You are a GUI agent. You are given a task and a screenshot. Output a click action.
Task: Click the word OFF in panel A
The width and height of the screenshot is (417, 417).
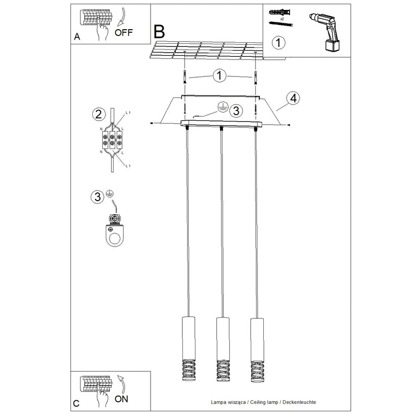(x=124, y=32)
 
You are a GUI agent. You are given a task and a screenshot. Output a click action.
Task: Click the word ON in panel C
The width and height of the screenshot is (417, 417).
(x=121, y=399)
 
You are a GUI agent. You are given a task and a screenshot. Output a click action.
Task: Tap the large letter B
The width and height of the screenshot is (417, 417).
(x=160, y=32)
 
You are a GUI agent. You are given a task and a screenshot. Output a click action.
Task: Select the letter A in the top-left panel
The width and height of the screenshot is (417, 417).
(x=77, y=36)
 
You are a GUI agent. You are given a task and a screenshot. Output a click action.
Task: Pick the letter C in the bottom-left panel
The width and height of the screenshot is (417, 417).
(x=76, y=403)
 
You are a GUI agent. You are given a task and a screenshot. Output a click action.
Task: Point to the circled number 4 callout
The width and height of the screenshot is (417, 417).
(x=293, y=98)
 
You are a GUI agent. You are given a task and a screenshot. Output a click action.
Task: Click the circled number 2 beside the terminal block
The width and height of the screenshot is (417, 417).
(x=99, y=114)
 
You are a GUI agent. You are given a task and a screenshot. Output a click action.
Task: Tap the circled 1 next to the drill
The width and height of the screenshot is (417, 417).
(x=278, y=43)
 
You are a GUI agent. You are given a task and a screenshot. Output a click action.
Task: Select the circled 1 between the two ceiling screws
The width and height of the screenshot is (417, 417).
(x=219, y=76)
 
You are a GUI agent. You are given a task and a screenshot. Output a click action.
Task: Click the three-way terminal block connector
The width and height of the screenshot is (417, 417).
(x=112, y=140)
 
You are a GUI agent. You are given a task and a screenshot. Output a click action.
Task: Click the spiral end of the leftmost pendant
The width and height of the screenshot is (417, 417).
(x=189, y=370)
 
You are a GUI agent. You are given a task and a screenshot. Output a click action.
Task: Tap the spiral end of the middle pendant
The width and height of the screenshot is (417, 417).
(x=223, y=371)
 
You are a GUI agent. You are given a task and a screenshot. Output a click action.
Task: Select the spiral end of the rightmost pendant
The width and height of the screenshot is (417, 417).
(x=257, y=371)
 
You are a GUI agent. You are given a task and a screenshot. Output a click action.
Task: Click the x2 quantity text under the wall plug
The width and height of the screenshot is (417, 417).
(x=282, y=19)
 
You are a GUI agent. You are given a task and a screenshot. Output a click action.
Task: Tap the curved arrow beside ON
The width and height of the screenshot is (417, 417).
(x=122, y=384)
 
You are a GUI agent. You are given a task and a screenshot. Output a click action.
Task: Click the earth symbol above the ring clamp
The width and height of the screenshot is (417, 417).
(x=109, y=193)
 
